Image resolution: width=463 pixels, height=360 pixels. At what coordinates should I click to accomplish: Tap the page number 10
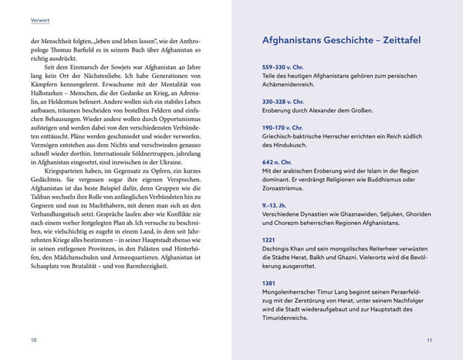(x=32, y=339)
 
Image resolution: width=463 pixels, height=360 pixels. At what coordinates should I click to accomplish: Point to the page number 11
(x=430, y=339)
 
